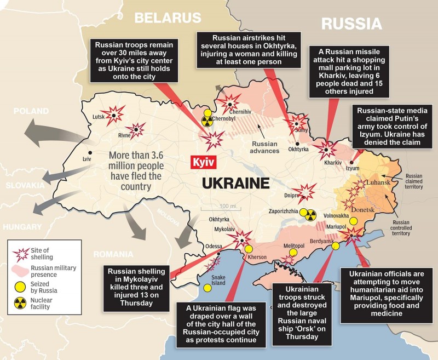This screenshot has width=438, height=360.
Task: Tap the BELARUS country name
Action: tap(168, 18)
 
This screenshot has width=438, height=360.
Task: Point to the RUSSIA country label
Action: tap(351, 24)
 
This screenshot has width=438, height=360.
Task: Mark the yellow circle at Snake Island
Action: tap(207, 288)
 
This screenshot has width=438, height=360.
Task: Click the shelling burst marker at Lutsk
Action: tap(114, 113)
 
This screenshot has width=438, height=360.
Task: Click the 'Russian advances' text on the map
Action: tap(264, 147)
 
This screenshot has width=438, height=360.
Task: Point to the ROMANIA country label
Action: tap(112, 254)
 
